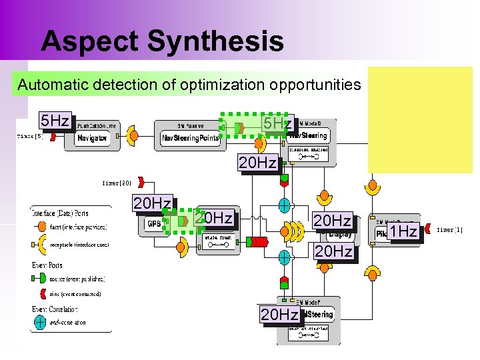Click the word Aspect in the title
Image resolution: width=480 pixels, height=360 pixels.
click(89, 41)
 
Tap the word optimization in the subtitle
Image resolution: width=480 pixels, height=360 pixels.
click(233, 85)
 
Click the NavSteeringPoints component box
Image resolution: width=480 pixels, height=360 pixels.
click(189, 137)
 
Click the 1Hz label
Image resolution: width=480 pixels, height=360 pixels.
click(403, 231)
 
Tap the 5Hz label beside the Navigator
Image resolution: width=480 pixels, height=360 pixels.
click(55, 121)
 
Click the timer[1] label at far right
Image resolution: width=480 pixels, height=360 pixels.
click(449, 230)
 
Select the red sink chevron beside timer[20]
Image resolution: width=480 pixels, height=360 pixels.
click(143, 181)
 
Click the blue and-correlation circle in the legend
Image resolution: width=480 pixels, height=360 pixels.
click(40, 322)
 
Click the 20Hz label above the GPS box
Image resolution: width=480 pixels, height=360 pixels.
click(152, 203)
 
